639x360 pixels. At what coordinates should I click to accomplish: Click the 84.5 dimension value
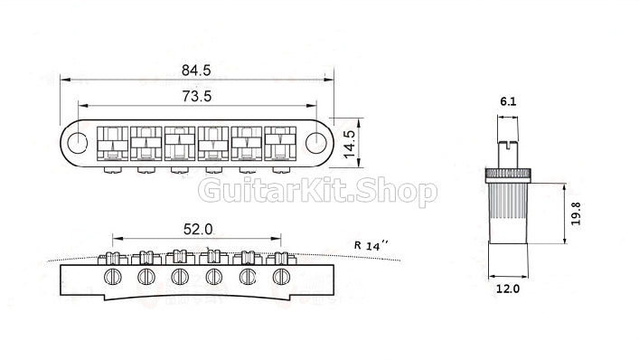click(197, 69)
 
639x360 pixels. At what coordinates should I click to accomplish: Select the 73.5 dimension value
click(197, 95)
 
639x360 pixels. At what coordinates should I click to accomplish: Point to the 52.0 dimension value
click(197, 230)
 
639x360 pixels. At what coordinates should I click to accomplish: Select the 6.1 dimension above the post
click(508, 102)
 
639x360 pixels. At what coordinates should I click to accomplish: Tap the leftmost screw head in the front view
click(113, 275)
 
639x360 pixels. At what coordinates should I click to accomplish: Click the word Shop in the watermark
click(396, 192)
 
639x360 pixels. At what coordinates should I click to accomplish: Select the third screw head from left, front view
click(180, 275)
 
